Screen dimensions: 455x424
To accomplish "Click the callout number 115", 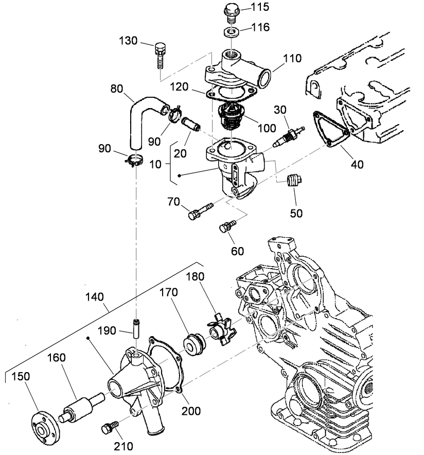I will coord(260,8).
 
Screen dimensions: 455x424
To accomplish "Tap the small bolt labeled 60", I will coord(226,226).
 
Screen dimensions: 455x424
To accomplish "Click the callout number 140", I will coord(95,297).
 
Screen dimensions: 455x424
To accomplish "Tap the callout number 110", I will coord(292,59).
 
